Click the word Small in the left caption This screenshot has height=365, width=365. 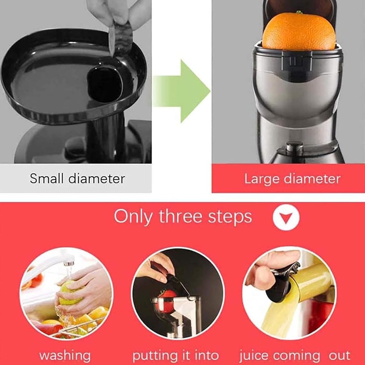tap(46, 179)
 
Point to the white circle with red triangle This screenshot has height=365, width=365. tap(286, 217)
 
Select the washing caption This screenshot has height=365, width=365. tap(65, 355)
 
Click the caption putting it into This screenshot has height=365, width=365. tap(175, 355)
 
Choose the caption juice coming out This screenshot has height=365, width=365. tap(294, 355)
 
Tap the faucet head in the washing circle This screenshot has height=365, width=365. tap(68, 263)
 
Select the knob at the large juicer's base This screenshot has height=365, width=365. tap(294, 148)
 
